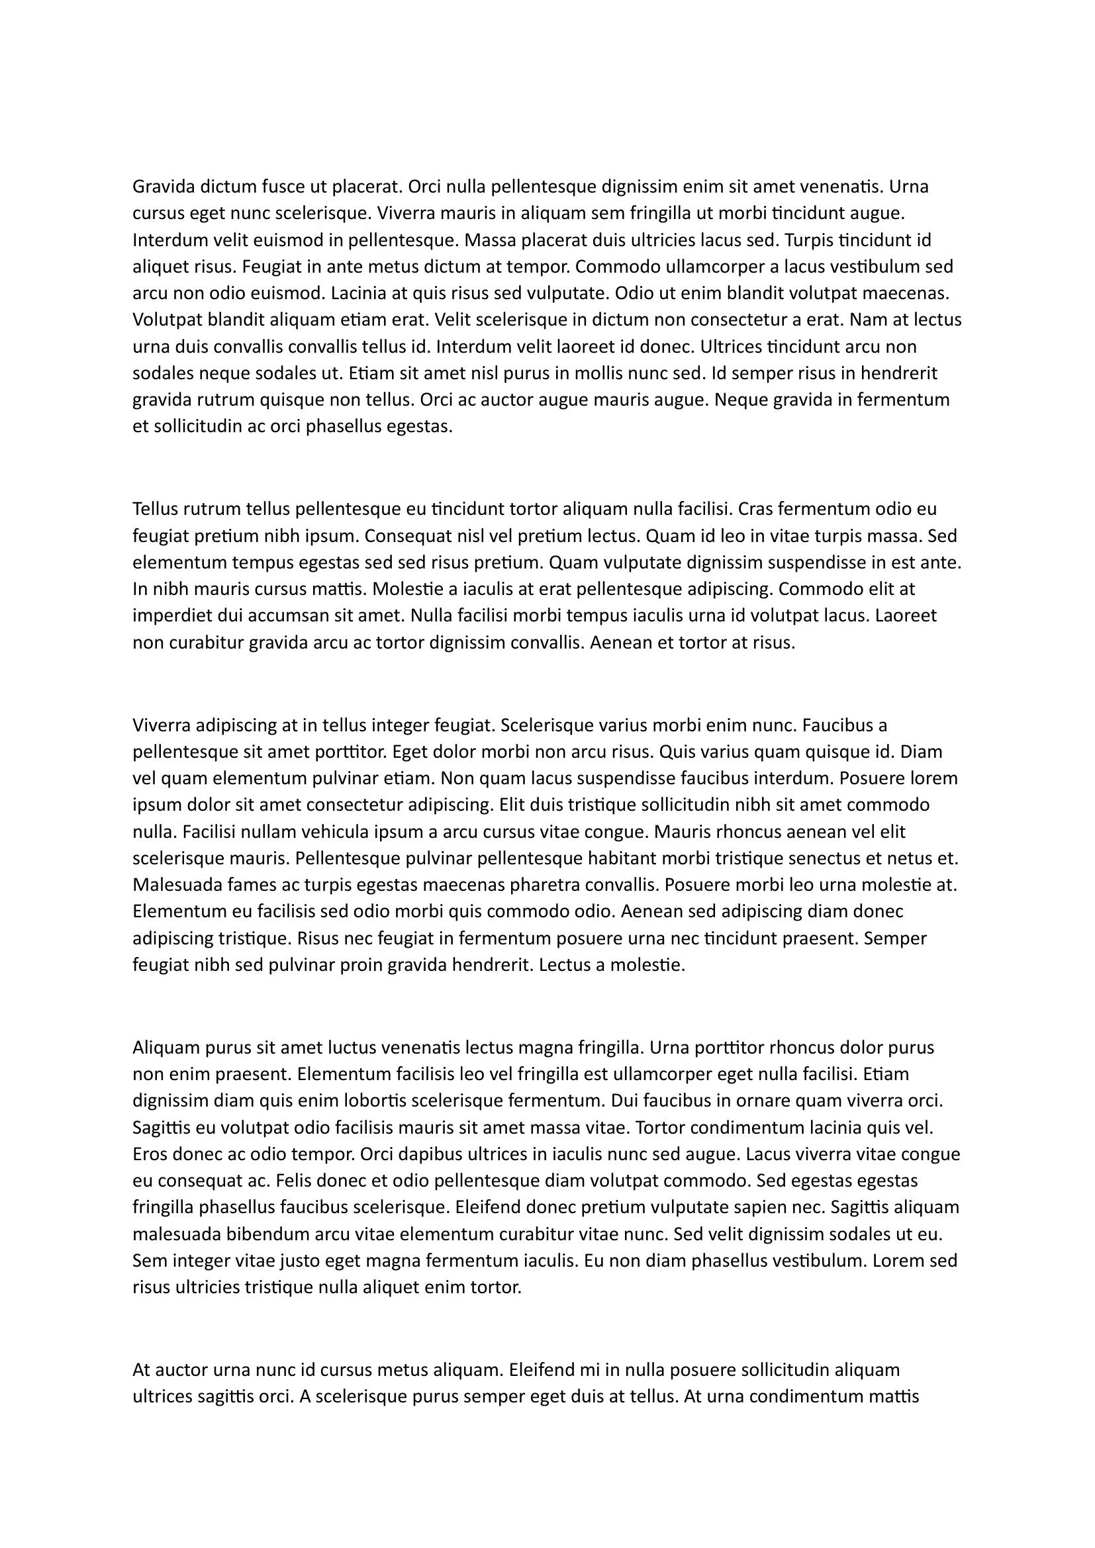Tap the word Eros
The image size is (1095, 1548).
(x=150, y=1154)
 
